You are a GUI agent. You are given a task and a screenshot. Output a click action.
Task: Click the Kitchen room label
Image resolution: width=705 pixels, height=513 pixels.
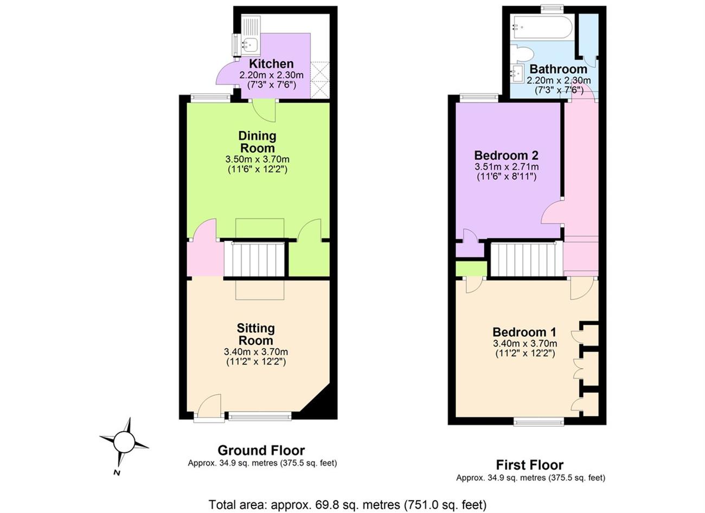point(271,64)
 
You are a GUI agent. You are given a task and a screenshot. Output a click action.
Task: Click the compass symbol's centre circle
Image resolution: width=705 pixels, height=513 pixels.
point(124,442)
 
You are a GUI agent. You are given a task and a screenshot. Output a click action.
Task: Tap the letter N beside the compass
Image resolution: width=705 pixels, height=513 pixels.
point(117,472)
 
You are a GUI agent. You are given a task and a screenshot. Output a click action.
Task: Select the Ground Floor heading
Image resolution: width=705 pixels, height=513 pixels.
point(261,451)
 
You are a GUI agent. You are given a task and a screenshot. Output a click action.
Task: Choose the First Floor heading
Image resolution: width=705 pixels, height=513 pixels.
point(530,465)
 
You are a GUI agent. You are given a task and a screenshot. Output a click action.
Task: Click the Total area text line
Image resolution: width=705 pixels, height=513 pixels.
point(348,504)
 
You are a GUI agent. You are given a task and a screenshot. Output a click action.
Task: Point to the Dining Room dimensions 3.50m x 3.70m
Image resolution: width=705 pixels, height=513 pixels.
point(258,159)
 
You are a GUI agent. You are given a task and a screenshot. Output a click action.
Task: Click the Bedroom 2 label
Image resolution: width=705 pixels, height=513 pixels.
point(506,156)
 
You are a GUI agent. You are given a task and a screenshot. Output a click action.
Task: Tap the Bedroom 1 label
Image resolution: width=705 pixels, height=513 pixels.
point(524,332)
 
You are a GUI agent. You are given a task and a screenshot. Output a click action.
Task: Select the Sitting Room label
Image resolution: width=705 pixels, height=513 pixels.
point(255,334)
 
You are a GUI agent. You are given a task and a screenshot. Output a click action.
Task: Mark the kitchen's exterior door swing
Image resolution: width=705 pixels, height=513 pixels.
point(227,73)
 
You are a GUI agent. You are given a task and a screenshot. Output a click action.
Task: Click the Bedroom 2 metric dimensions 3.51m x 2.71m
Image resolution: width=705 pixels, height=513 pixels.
point(507,167)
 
